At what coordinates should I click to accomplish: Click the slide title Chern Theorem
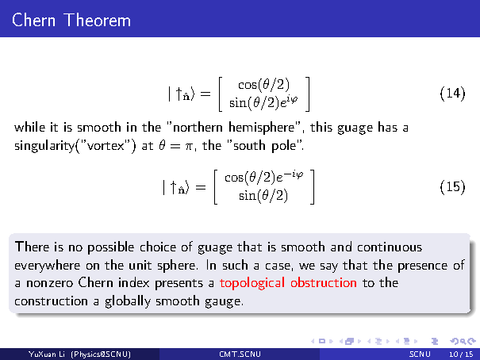pyautogui.click(x=71, y=20)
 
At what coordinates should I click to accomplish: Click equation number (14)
pyautogui.click(x=452, y=93)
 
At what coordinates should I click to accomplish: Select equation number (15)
pyautogui.click(x=452, y=186)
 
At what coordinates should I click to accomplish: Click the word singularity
pyautogui.click(x=44, y=146)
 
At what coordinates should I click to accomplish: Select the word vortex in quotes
pyautogui.click(x=106, y=146)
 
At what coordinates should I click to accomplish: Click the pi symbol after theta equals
pyautogui.click(x=190, y=147)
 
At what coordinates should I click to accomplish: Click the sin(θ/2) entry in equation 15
pyautogui.click(x=263, y=195)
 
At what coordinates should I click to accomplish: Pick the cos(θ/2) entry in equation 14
pyautogui.click(x=263, y=85)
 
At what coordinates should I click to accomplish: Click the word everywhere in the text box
pyautogui.click(x=47, y=266)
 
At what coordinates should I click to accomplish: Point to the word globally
pyautogui.click(x=128, y=302)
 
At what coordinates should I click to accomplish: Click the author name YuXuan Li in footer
pyautogui.click(x=47, y=354)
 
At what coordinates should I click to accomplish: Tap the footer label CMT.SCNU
pyautogui.click(x=240, y=354)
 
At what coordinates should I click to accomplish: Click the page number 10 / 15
pyautogui.click(x=461, y=354)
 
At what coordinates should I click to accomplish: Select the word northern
pyautogui.click(x=198, y=128)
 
